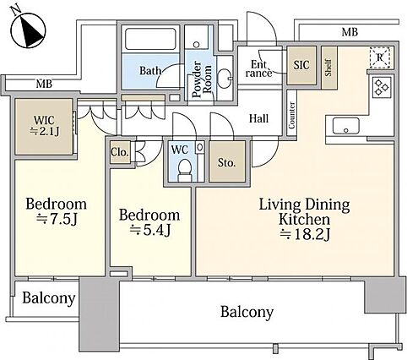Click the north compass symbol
pos(28,27)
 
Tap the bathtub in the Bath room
pos(150,39)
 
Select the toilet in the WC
pos(184,170)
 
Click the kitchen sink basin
pos(345,126)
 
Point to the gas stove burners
pos(382,87)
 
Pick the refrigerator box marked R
pos(379,58)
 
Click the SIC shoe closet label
pos(301,65)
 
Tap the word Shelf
pos(328,68)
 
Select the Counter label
pos(291,115)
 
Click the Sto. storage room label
pos(226,162)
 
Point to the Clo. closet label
pos(120,152)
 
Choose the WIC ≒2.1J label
pos(45,126)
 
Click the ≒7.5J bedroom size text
pos(57,219)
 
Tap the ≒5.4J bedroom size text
pos(150,230)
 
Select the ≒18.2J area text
pos(305,234)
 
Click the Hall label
pos(258,118)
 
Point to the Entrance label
pos(258,69)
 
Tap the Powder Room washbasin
pos(225,79)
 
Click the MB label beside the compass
pos(44,84)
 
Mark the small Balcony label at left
pos(49,298)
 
